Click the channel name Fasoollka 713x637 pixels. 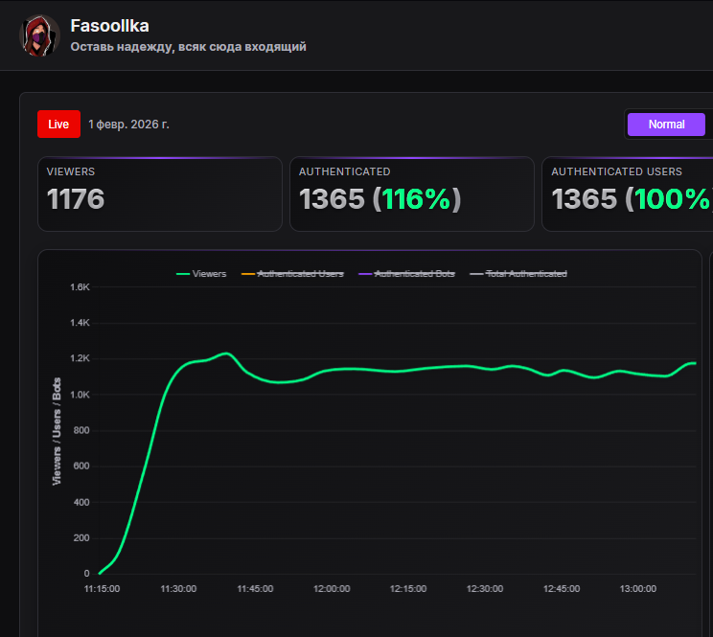coord(110,26)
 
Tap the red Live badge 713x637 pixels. coord(58,124)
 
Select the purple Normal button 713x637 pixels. coord(666,125)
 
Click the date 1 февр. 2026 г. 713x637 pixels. coord(128,124)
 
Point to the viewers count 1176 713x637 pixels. coord(76,199)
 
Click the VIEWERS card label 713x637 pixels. coord(71,171)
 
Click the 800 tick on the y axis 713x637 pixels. coord(80,430)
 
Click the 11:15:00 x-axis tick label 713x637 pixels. coord(102,589)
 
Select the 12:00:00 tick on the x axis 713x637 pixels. coord(332,589)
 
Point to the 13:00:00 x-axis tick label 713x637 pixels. coord(638,589)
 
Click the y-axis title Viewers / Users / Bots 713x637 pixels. coord(57,431)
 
